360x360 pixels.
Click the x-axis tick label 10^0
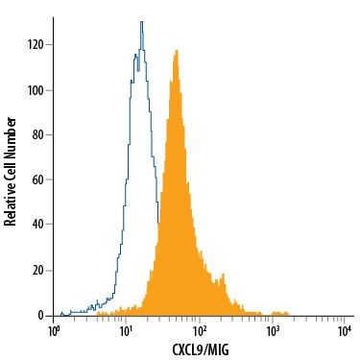coord(55,331)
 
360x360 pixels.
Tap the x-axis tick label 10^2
coord(200,331)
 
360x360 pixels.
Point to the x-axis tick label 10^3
coord(273,331)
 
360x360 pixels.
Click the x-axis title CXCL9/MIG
coord(201,349)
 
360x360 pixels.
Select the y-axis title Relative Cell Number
coord(11,171)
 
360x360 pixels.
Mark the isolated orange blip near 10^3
coord(279,313)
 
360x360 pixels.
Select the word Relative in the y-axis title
coord(11,205)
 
